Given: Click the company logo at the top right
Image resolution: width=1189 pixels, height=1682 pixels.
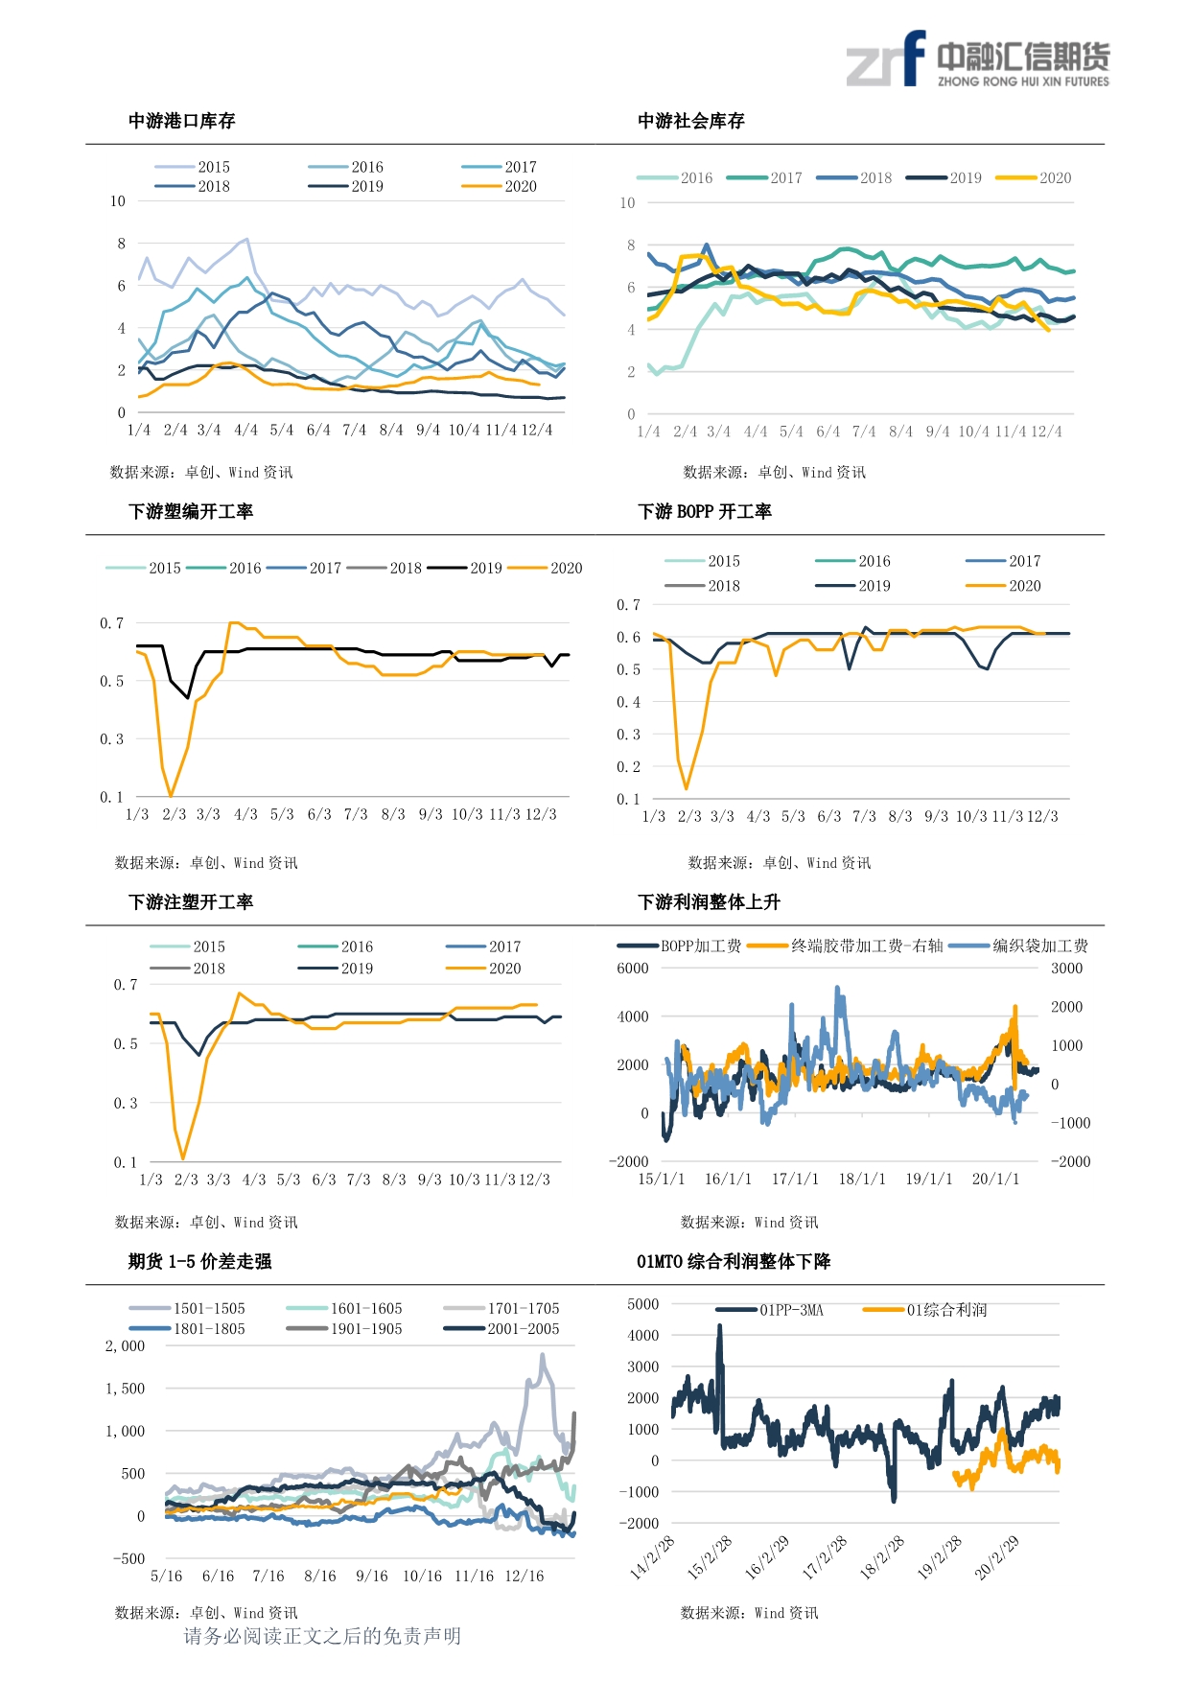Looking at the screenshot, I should click(x=977, y=59).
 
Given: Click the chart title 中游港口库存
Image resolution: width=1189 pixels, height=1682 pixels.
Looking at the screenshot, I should click(x=182, y=121).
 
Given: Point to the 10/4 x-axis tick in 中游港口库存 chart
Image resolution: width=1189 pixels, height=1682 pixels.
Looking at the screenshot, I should click(x=464, y=431).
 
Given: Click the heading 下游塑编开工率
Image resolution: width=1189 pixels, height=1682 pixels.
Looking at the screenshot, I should click(x=191, y=511).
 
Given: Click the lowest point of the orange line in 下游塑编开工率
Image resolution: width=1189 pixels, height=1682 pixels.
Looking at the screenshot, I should click(x=171, y=796).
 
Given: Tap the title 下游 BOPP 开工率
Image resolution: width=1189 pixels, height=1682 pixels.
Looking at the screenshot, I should click(x=705, y=511).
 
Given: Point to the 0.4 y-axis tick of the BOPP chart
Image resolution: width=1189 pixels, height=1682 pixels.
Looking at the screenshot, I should click(x=628, y=702).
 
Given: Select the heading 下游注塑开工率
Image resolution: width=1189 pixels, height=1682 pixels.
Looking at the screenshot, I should click(x=191, y=901).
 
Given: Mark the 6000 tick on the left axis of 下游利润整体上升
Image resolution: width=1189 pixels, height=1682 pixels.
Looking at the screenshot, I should click(x=633, y=969).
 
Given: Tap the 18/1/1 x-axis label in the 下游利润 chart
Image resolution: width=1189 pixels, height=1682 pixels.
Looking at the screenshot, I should click(x=862, y=1180).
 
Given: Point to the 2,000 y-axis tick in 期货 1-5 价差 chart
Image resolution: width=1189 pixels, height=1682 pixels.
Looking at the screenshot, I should click(x=126, y=1346).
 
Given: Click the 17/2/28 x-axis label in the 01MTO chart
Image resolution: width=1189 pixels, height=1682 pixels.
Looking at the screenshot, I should click(x=825, y=1557).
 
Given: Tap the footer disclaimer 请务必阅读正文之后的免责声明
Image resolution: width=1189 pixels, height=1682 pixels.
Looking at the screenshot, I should click(x=322, y=1636).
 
